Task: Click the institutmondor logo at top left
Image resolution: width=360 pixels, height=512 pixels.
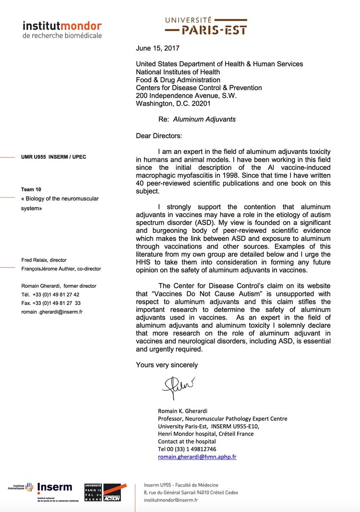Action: click(62, 29)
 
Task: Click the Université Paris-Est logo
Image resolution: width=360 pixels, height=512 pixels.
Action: click(206, 25)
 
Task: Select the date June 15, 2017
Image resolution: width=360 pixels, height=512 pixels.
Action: click(158, 48)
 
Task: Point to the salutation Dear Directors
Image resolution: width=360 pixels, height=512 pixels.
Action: click(159, 136)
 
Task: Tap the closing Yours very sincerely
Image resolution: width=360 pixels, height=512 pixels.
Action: click(167, 365)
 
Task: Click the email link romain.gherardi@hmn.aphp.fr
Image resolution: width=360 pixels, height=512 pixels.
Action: click(197, 457)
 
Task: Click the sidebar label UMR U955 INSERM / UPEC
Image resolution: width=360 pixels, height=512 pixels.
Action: click(54, 157)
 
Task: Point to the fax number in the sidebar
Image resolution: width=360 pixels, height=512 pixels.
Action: click(51, 303)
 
